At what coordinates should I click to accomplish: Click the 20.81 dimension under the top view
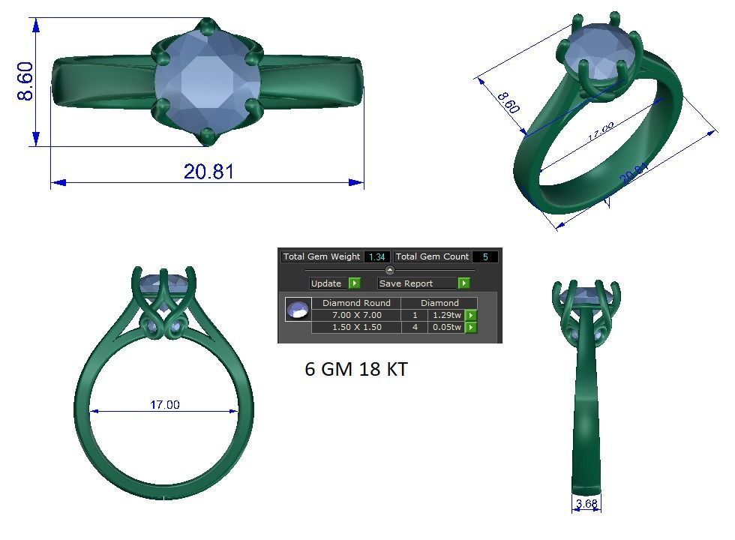[208, 172]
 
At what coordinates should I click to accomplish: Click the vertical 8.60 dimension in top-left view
[25, 81]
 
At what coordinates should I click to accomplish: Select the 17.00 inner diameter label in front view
[164, 405]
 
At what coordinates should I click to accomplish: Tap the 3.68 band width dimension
[586, 504]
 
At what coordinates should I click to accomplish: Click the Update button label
[326, 283]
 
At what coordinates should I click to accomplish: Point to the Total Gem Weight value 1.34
[376, 257]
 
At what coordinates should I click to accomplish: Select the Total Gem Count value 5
[485, 257]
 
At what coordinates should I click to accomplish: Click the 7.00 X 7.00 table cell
[356, 316]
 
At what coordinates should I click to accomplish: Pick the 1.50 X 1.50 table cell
[356, 328]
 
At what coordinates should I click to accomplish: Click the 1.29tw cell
[447, 316]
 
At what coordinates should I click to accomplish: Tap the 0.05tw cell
[447, 328]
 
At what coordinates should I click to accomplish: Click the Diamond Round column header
[356, 303]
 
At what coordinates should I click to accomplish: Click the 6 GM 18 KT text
[356, 370]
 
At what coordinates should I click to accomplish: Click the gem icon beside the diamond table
[298, 309]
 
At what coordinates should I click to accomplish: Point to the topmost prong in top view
[208, 26]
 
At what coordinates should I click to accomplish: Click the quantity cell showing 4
[415, 328]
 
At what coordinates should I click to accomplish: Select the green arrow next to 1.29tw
[471, 316]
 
